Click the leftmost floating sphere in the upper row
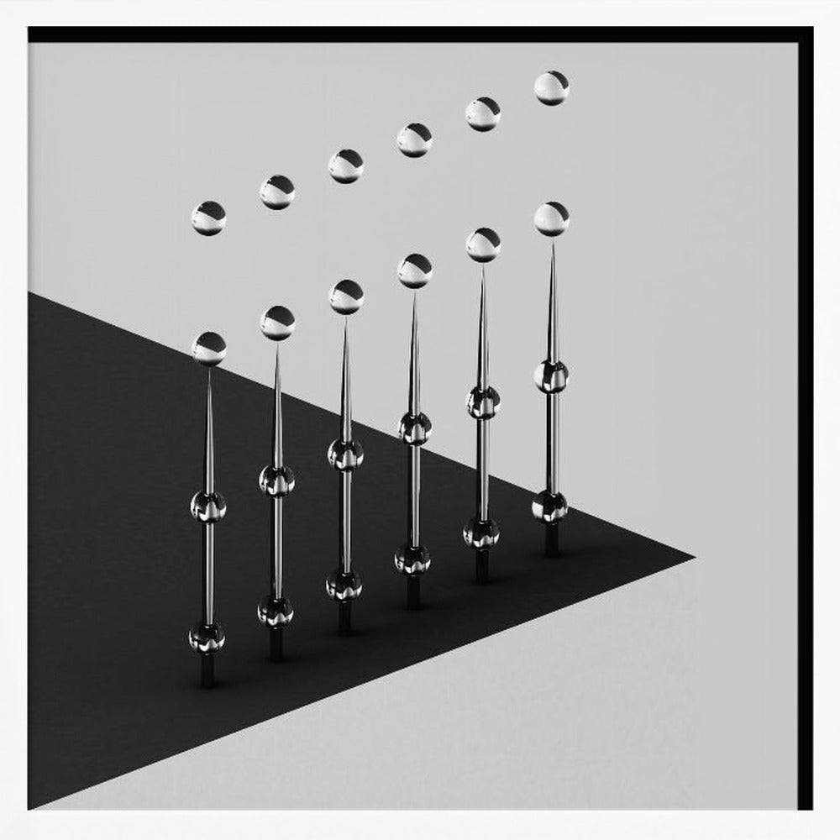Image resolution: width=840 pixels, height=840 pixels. (208, 218)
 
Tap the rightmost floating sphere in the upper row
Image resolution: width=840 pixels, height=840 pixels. (551, 88)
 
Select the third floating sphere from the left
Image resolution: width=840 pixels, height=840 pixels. (345, 166)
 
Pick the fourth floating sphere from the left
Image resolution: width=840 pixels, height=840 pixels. (414, 140)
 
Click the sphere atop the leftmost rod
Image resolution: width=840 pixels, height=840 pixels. (208, 349)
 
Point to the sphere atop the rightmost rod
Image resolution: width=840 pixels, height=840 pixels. (551, 218)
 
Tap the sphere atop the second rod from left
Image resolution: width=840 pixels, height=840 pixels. (277, 323)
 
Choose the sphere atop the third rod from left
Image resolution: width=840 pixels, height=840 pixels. (345, 297)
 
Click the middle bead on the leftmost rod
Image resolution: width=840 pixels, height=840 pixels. (208, 507)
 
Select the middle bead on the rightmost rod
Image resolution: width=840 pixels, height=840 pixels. (551, 375)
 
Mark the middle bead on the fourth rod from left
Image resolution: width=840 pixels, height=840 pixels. (414, 428)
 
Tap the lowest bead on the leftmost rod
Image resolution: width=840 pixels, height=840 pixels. (207, 638)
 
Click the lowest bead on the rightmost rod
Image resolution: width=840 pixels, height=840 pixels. (549, 507)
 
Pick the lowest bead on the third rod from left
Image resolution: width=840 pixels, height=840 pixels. (344, 585)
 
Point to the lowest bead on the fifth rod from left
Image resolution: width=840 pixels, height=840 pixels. (481, 533)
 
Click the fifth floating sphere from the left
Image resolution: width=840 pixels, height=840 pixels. (483, 114)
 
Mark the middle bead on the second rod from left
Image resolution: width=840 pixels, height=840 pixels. (277, 480)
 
